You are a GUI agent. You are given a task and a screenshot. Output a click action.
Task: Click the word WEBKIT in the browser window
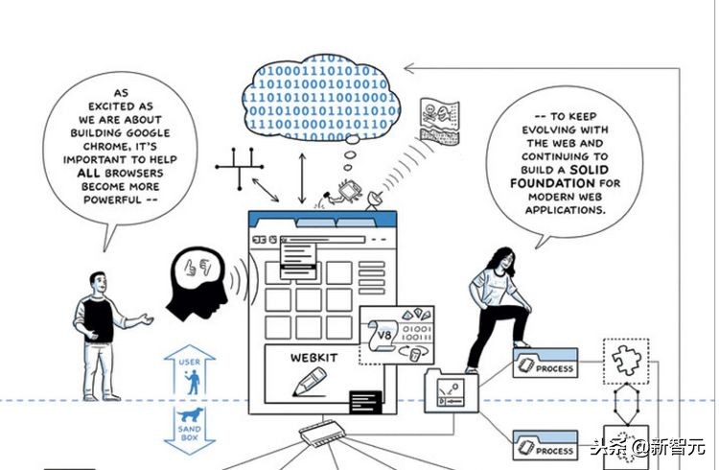(314, 358)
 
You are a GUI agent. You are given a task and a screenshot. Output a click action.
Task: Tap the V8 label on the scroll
(384, 335)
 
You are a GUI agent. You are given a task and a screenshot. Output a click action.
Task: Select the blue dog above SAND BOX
(191, 414)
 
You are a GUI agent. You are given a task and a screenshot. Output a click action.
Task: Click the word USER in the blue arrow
(190, 363)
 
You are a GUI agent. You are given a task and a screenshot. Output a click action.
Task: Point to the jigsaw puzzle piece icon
(625, 361)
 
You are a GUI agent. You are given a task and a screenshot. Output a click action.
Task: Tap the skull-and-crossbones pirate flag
(439, 119)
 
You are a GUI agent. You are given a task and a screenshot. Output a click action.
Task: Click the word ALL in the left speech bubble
(88, 173)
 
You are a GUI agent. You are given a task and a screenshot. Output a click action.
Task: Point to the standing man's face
(99, 283)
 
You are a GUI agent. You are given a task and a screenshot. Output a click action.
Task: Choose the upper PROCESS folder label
(554, 368)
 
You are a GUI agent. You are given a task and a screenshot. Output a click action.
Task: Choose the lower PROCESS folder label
(554, 451)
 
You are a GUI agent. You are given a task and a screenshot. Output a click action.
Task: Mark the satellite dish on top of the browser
(375, 200)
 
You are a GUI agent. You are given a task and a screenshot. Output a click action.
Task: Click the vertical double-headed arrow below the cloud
(302, 178)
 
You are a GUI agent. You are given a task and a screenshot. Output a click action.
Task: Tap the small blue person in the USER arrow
(193, 383)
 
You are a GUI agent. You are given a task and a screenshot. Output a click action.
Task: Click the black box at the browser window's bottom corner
(365, 402)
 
